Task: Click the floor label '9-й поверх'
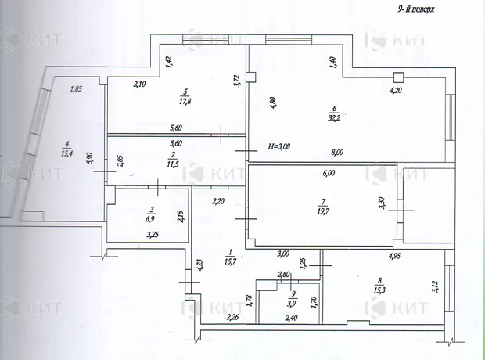[415, 9]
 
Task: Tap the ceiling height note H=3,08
[278, 146]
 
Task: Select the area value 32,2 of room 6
[334, 117]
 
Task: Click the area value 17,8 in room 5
[185, 101]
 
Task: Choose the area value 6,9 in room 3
[152, 218]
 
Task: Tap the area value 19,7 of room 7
[323, 211]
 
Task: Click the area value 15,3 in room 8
[379, 290]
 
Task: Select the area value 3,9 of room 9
[291, 304]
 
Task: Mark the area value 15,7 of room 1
[230, 261]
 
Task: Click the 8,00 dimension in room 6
[337, 152]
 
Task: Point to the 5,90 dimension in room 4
[90, 158]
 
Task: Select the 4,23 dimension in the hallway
[199, 265]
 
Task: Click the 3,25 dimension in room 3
[153, 235]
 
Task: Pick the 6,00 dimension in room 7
[329, 173]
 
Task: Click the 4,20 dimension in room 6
[396, 91]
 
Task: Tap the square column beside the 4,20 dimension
[399, 77]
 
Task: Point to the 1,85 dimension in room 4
[76, 89]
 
